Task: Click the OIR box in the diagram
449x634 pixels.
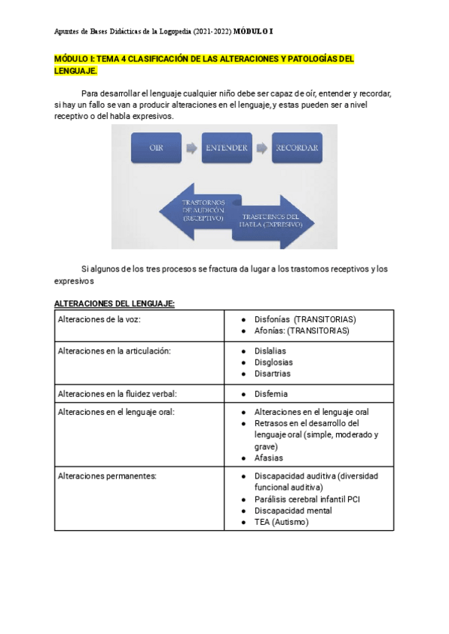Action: (x=156, y=148)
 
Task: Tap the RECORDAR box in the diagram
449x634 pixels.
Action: (x=297, y=148)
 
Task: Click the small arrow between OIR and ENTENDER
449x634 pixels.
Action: (x=191, y=148)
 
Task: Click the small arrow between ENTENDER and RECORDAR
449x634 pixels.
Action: (x=261, y=148)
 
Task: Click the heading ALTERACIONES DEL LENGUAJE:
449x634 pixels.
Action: (x=114, y=304)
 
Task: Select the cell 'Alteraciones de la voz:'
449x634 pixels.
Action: (x=98, y=319)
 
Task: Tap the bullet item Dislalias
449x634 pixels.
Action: (x=270, y=351)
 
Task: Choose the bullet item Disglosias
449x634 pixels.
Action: (x=273, y=362)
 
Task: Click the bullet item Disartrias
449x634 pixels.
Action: (x=272, y=373)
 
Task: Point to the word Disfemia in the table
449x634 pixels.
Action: (x=271, y=393)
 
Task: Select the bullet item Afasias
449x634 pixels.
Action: (x=269, y=458)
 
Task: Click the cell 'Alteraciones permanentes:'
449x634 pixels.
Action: (x=106, y=475)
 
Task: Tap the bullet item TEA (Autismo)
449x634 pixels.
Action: (x=281, y=522)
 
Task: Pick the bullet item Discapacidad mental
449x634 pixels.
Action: (x=293, y=511)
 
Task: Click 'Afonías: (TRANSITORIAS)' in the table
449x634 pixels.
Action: (x=302, y=330)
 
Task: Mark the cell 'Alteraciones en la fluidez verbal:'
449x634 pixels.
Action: (x=117, y=393)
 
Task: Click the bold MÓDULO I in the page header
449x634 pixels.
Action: (x=253, y=31)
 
